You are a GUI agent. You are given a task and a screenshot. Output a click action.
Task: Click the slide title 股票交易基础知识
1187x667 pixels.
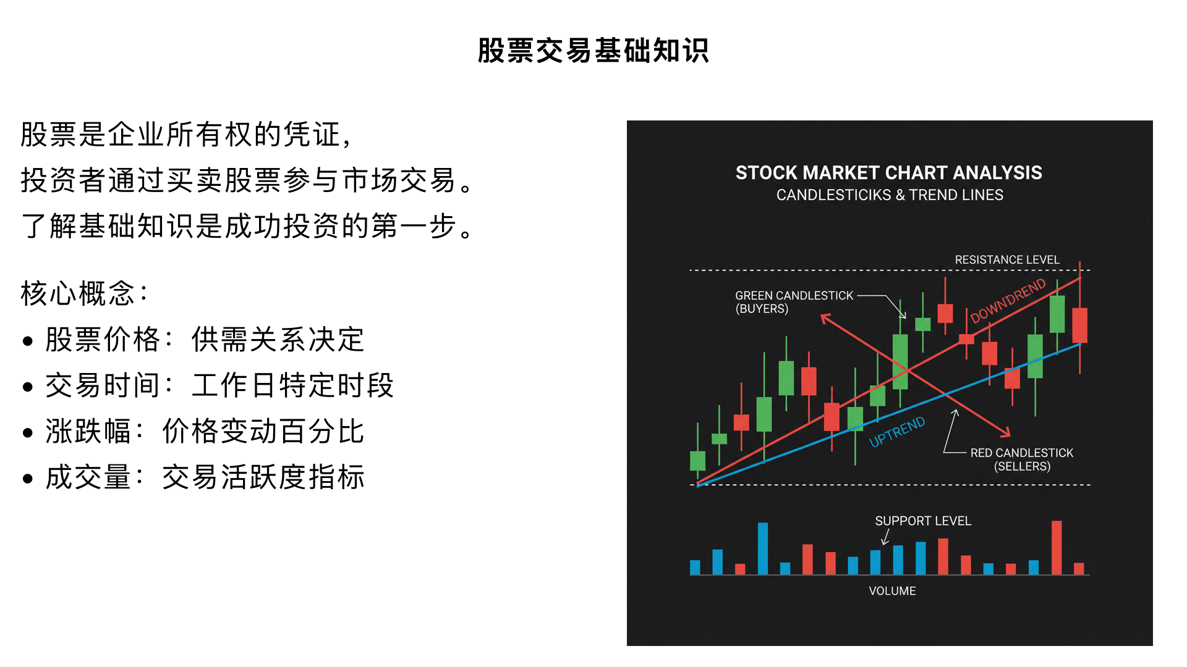593,51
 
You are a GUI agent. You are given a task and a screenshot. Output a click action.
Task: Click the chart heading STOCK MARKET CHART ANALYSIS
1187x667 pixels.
888,173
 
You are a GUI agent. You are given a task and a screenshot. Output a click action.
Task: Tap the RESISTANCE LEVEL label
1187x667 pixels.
1007,260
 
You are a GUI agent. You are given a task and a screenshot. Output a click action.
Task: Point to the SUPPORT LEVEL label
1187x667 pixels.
923,521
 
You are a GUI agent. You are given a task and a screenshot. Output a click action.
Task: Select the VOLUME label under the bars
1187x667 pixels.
892,591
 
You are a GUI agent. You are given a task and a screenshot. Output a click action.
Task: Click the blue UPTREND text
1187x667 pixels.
897,432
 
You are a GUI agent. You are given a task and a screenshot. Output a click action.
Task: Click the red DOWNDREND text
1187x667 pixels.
1008,301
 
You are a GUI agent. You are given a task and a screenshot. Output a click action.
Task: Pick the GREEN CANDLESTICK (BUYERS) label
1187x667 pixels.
794,302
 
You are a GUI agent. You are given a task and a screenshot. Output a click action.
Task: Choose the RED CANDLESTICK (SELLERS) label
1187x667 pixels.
1022,459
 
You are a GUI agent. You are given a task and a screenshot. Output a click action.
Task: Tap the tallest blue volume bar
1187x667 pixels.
763,548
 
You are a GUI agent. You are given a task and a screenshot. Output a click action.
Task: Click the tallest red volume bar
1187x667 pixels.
1057,548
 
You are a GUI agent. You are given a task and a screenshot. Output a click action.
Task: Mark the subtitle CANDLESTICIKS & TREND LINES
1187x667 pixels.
890,195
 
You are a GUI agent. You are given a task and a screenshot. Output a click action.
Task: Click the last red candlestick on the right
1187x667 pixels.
1080,325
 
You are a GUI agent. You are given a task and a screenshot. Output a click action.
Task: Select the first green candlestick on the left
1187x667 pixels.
697,461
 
